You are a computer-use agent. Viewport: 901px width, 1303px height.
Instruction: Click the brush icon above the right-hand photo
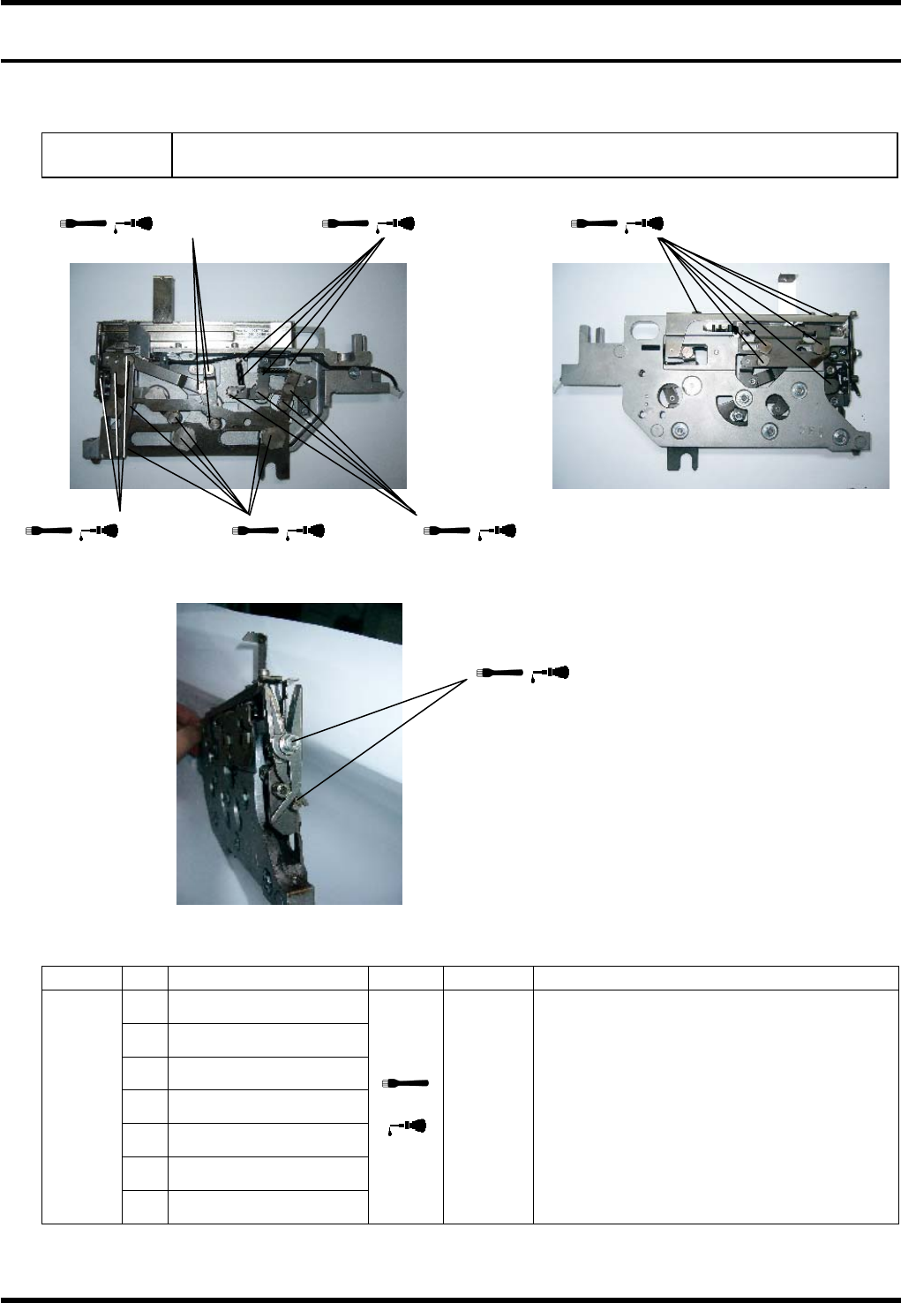(x=594, y=223)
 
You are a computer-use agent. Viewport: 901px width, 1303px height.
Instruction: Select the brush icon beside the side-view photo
(x=500, y=673)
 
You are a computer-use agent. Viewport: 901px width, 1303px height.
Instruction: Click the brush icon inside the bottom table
(x=405, y=1082)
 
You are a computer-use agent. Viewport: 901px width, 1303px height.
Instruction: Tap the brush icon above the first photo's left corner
(x=83, y=223)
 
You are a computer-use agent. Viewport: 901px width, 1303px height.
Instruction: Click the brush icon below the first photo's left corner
(x=49, y=531)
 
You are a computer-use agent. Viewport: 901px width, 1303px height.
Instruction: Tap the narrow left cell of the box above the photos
(x=107, y=155)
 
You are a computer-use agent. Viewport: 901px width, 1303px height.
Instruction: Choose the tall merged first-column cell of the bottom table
(x=81, y=1106)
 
